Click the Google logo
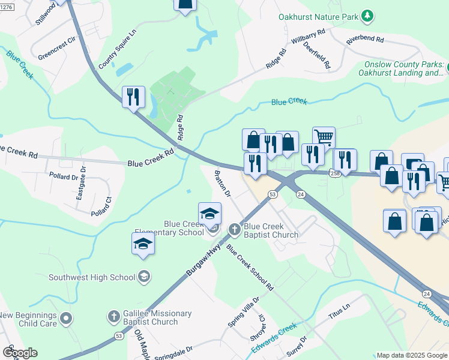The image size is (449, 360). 20,353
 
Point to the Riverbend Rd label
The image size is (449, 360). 365,40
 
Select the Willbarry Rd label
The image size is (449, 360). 308,38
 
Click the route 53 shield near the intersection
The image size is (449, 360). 273,194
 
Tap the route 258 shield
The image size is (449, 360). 335,173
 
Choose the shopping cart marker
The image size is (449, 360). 324,137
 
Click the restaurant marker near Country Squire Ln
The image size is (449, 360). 133,97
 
